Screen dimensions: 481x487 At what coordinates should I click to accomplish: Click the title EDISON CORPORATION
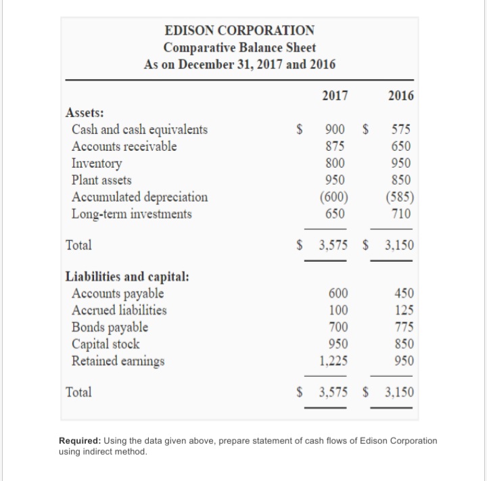pos(240,30)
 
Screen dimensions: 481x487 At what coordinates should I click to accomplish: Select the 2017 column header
pos(335,96)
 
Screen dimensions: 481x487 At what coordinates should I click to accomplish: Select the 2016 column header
pos(401,96)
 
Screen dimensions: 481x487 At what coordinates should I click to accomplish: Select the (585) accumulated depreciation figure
pos(401,197)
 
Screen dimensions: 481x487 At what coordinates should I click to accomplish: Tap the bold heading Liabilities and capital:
pos(126,277)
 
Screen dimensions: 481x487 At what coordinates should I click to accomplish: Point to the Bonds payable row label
pos(110,327)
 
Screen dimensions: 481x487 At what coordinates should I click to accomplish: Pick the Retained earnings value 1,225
pos(334,361)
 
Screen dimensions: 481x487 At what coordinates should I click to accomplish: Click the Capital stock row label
pos(106,344)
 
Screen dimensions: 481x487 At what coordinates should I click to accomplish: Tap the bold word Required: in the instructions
pos(80,440)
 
